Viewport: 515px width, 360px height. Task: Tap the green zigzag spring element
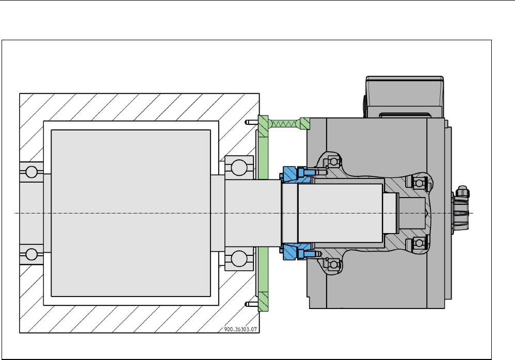coord(285,123)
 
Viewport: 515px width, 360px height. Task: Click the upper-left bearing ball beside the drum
coord(31,171)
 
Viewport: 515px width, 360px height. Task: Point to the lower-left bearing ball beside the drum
coord(31,254)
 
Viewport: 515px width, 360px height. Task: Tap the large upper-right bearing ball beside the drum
coord(239,167)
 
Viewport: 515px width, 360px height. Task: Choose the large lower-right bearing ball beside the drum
coord(239,258)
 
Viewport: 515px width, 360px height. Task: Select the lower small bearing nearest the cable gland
coord(416,243)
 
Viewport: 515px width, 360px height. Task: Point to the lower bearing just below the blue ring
coord(331,265)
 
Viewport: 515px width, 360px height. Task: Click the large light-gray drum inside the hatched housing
coord(130,213)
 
